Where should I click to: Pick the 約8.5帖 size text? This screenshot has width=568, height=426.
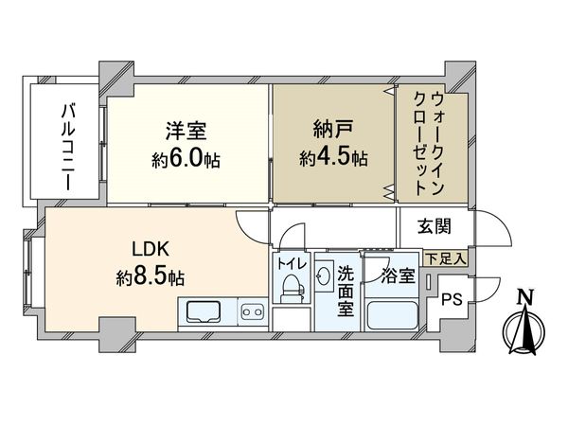click(x=151, y=277)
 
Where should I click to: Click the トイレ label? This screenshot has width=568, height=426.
click(x=291, y=264)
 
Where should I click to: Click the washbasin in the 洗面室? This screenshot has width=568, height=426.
click(x=326, y=277)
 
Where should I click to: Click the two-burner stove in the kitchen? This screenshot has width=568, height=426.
click(x=251, y=311)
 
